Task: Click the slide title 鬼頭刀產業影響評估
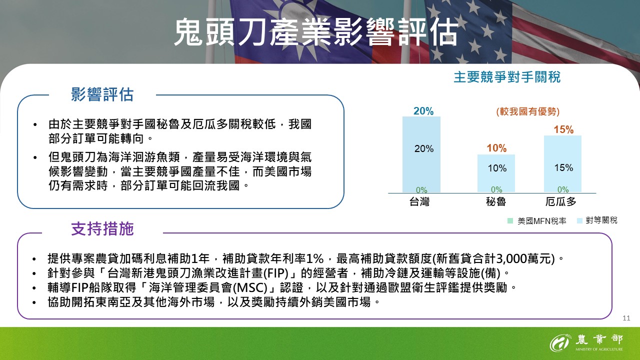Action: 315,33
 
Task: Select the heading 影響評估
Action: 102,94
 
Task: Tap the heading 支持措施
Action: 102,229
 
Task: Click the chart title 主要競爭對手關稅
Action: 507,77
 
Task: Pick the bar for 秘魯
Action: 496,173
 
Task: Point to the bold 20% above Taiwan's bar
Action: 423,111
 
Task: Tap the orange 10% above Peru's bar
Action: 496,148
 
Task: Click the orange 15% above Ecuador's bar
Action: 563,130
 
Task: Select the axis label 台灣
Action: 419,202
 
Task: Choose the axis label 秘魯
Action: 495,202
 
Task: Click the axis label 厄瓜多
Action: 560,202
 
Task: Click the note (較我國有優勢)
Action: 527,111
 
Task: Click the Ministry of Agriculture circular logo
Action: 560,343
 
